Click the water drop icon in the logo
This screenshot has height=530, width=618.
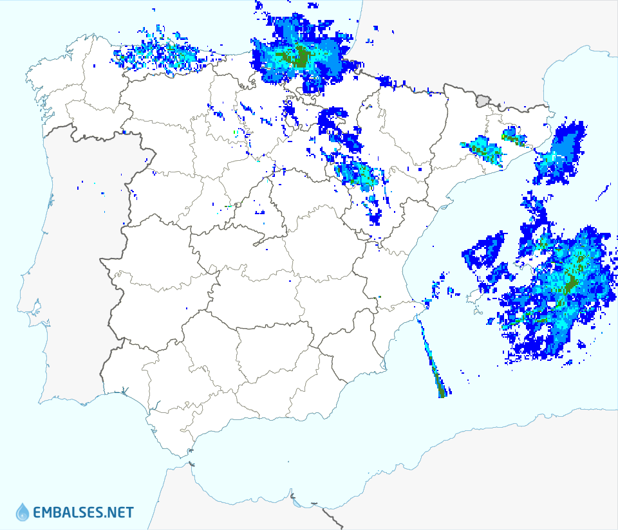point(23,512)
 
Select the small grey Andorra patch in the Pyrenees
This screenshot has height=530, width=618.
point(483,100)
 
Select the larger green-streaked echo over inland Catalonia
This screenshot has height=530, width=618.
point(486,152)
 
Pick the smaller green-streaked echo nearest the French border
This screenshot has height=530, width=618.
point(513,136)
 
